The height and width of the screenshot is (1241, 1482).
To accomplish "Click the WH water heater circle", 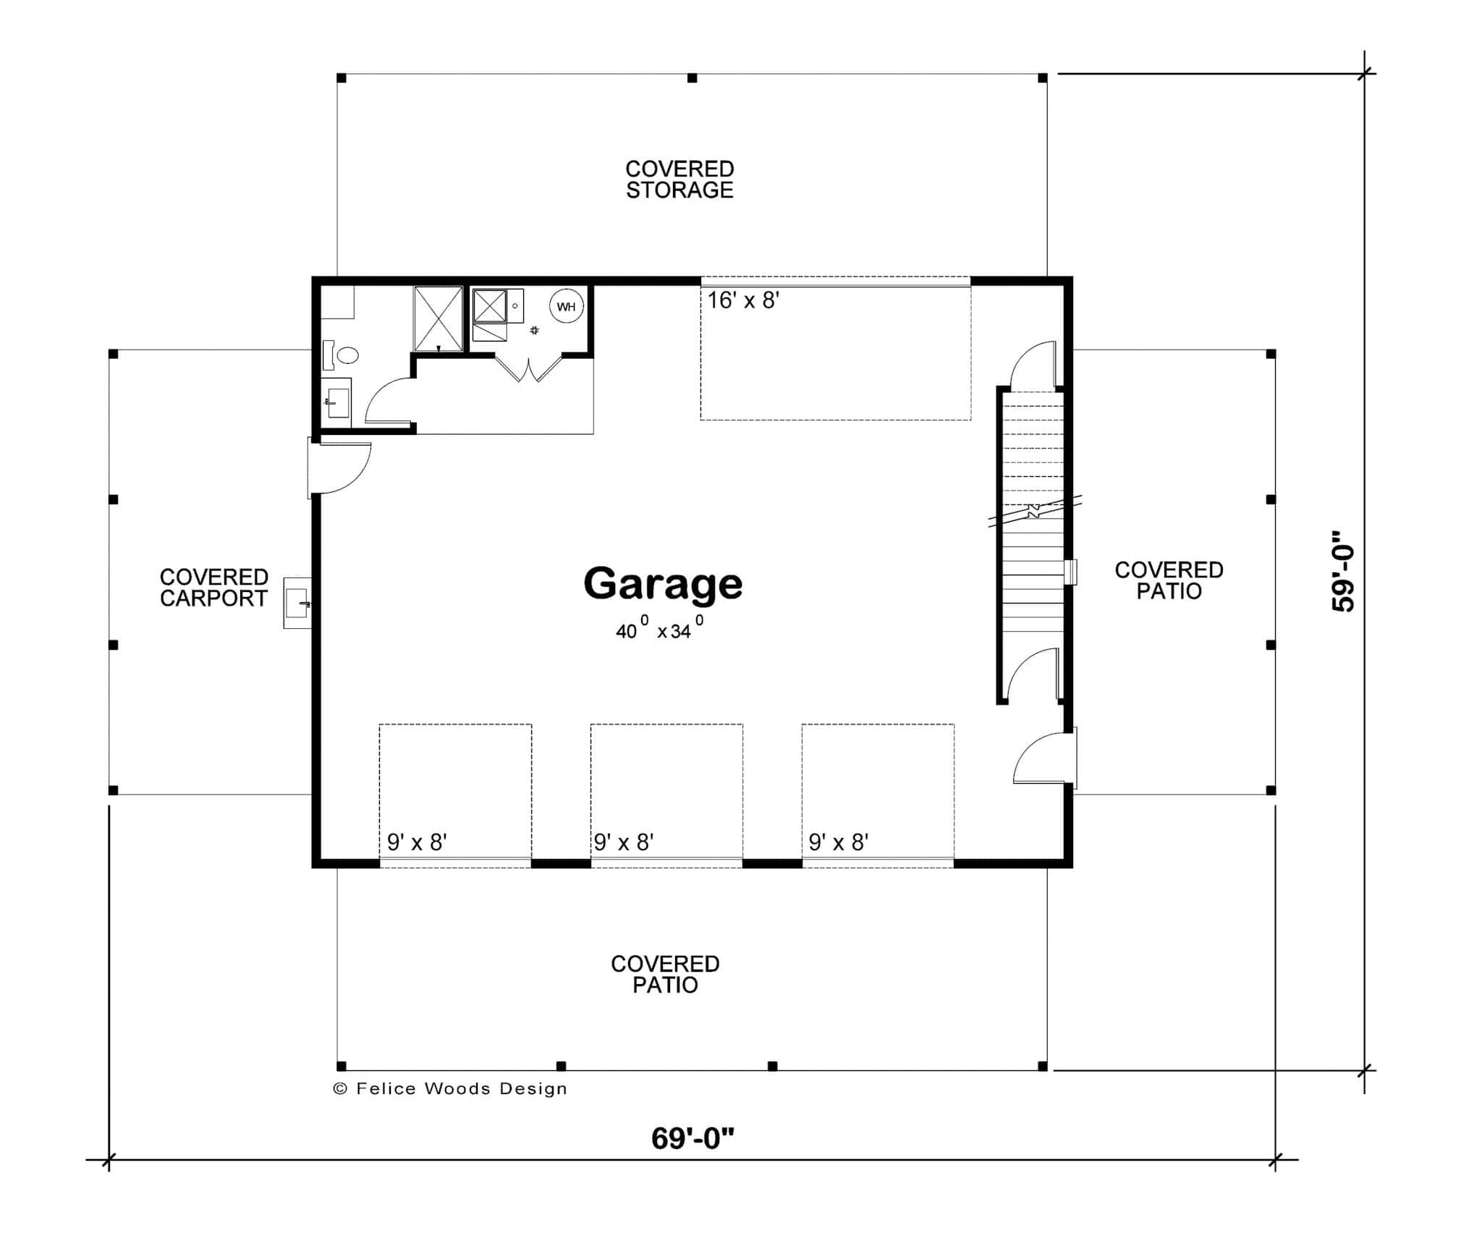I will pyautogui.click(x=566, y=307).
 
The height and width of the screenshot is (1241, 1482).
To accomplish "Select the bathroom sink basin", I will pyautogui.click(x=338, y=399).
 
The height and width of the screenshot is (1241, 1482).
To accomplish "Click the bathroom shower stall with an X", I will pyautogui.click(x=438, y=319).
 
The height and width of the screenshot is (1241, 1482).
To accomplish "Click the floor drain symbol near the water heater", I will pyautogui.click(x=535, y=330).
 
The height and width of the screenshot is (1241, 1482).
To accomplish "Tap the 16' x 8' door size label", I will pyautogui.click(x=742, y=300).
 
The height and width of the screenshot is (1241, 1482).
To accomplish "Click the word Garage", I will pyautogui.click(x=663, y=584).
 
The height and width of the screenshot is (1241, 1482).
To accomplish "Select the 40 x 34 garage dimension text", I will pyautogui.click(x=659, y=630).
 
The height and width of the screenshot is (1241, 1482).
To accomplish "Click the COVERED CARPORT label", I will pyautogui.click(x=214, y=588).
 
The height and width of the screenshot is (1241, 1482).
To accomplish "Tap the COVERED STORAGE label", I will pyautogui.click(x=679, y=179).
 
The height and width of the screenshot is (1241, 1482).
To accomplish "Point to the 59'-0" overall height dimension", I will pyautogui.click(x=1343, y=572).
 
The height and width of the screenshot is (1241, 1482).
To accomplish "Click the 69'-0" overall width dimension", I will pyautogui.click(x=693, y=1138).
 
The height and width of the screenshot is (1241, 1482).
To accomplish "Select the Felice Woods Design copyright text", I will pyautogui.click(x=450, y=1088).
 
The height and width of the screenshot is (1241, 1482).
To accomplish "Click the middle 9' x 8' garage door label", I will pyautogui.click(x=624, y=842).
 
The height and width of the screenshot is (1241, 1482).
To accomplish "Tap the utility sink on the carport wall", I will pyautogui.click(x=297, y=602).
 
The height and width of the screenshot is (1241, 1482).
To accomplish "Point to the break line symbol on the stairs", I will pyautogui.click(x=1034, y=511).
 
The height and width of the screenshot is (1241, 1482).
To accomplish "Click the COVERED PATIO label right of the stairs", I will pyautogui.click(x=1169, y=580).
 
